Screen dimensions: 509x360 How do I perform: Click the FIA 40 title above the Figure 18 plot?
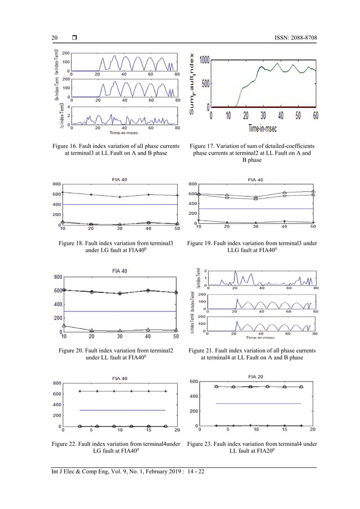[x=120, y=179]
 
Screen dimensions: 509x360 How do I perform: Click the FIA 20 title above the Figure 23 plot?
[x=256, y=376]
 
